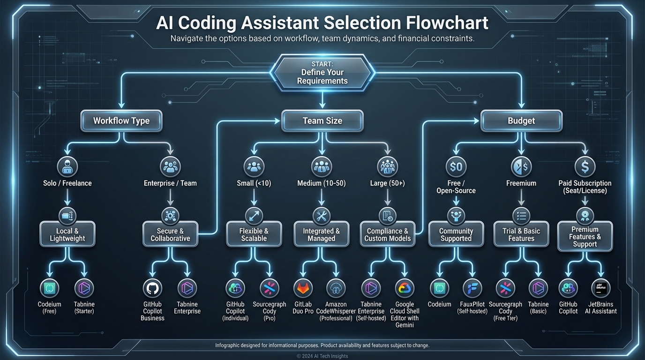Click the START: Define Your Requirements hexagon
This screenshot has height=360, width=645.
point(322,73)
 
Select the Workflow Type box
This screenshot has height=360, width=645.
point(121,120)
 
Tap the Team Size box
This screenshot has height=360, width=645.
point(322,120)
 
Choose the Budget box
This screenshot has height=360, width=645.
point(521,120)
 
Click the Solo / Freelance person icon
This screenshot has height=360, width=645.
point(67,166)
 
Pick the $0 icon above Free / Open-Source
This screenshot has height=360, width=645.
point(456,166)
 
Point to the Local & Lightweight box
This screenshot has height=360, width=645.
point(67,234)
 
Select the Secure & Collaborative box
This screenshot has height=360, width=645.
point(170,234)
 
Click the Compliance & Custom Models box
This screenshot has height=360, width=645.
point(388,234)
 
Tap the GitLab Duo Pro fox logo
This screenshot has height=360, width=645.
point(303,289)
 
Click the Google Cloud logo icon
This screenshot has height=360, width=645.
point(405,289)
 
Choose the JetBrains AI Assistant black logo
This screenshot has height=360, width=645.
point(600,289)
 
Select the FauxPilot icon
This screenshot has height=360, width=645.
point(472,289)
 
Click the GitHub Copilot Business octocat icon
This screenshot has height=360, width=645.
point(152,289)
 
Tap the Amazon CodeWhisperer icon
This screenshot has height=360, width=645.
point(336,289)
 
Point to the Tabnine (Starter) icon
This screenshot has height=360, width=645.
point(85,289)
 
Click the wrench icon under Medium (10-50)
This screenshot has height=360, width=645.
point(322,216)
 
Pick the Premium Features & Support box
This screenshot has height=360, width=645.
point(585,236)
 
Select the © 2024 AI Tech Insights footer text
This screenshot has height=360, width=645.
point(322,356)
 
